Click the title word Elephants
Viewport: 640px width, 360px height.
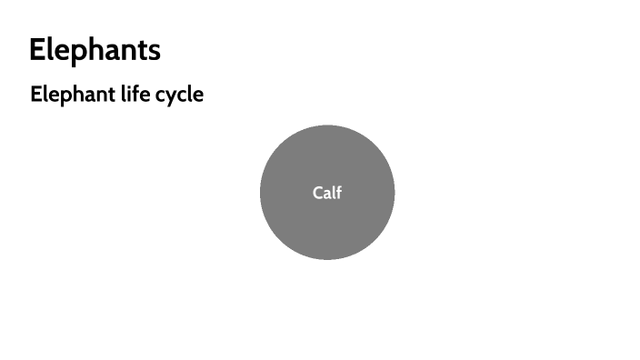pos(95,50)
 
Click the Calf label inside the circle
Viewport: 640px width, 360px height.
pos(327,192)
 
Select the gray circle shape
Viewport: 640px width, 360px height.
pos(327,227)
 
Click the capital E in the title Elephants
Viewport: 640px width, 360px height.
pos(36,50)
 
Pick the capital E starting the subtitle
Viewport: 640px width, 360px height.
pos(35,94)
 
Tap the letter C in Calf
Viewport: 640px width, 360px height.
pos(317,193)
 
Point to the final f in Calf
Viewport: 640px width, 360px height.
pos(339,192)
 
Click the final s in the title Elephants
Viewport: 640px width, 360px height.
pos(155,52)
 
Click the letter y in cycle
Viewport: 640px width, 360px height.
pos(172,96)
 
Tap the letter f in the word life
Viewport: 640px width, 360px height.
pos(134,94)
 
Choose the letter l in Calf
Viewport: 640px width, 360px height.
pos(334,192)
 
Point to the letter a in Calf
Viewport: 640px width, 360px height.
pos(327,194)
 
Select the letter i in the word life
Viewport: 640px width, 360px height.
pos(127,94)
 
